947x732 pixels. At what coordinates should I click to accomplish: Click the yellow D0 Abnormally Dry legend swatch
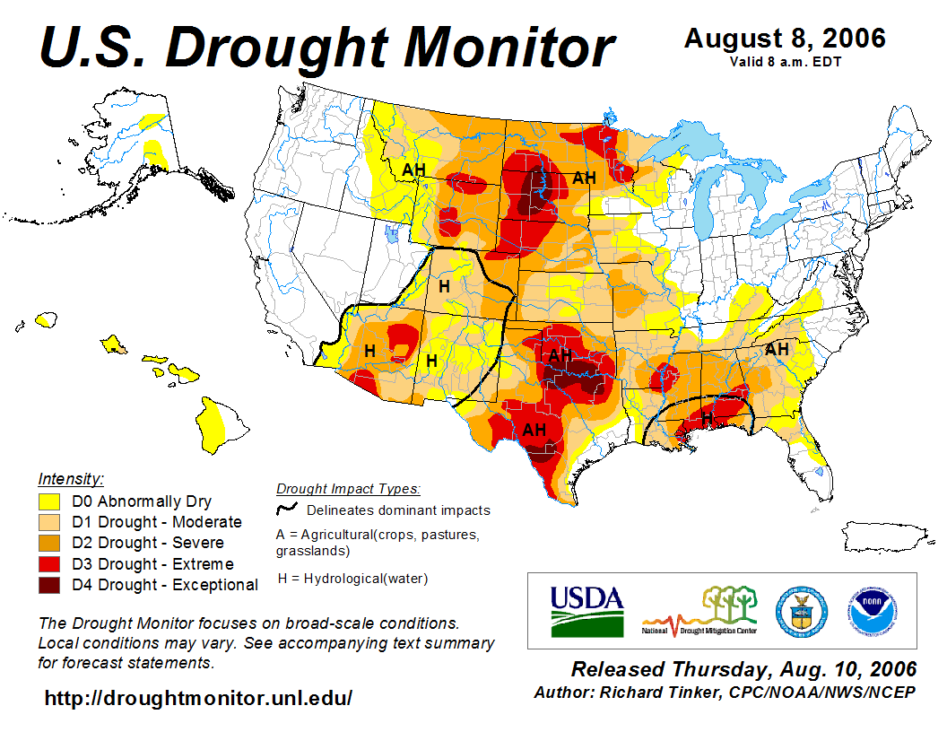49,501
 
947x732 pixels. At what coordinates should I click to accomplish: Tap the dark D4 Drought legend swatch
49,585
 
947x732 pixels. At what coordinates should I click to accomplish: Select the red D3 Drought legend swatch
49,564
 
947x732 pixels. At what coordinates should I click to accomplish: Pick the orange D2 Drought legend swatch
49,543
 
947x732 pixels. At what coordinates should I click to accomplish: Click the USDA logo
586,611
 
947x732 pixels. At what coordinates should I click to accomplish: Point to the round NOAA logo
869,610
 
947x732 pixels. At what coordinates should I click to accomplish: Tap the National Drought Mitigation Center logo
699,611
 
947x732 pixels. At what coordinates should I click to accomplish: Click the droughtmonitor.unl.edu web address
198,697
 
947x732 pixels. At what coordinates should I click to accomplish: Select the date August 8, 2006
785,39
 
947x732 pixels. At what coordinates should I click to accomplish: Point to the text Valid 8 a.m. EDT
785,61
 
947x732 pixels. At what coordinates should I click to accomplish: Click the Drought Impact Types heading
348,489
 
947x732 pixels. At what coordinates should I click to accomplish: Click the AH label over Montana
413,169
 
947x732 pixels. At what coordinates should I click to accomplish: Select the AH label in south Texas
534,430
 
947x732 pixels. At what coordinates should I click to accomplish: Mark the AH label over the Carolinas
777,349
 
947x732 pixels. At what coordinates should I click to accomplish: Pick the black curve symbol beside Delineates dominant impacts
288,510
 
